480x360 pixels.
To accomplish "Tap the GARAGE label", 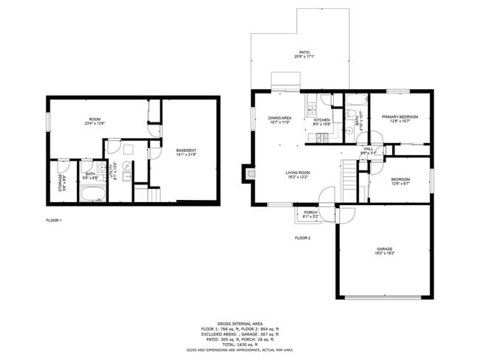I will tap(384, 250).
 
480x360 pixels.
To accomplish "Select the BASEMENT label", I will tap(186, 153).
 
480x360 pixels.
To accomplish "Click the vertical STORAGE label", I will tap(61, 181).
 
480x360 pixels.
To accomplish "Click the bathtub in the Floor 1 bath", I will tap(93, 195).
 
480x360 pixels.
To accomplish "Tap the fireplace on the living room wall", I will tap(249, 174).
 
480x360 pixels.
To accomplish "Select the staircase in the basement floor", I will tap(153, 195).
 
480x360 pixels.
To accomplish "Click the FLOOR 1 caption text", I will tap(54, 221).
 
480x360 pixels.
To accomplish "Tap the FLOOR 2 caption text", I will tap(303, 238).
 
